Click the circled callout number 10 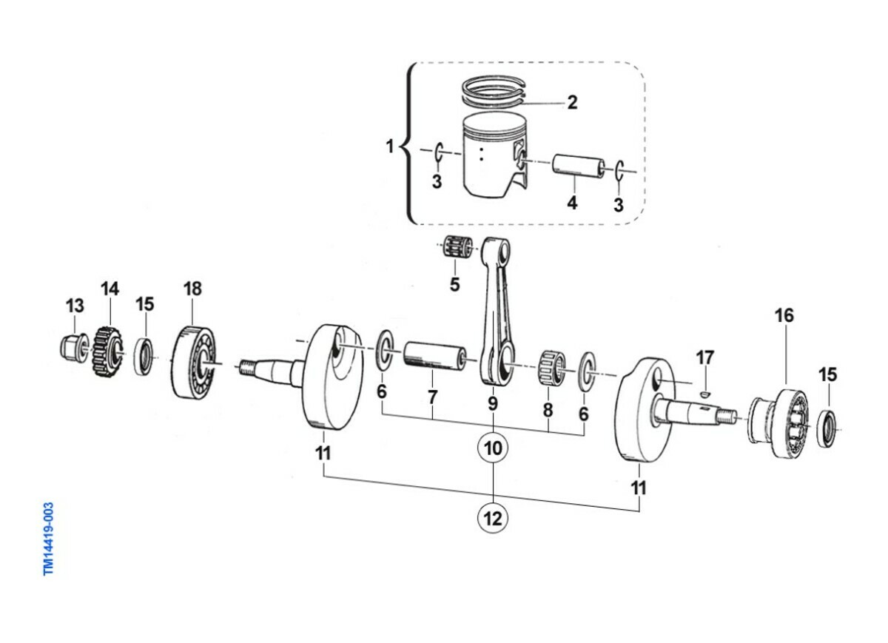[x=493, y=448]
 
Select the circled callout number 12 [x=493, y=518]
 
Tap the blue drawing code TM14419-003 [x=48, y=539]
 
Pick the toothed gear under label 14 [x=108, y=352]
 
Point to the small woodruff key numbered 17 [x=704, y=394]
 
